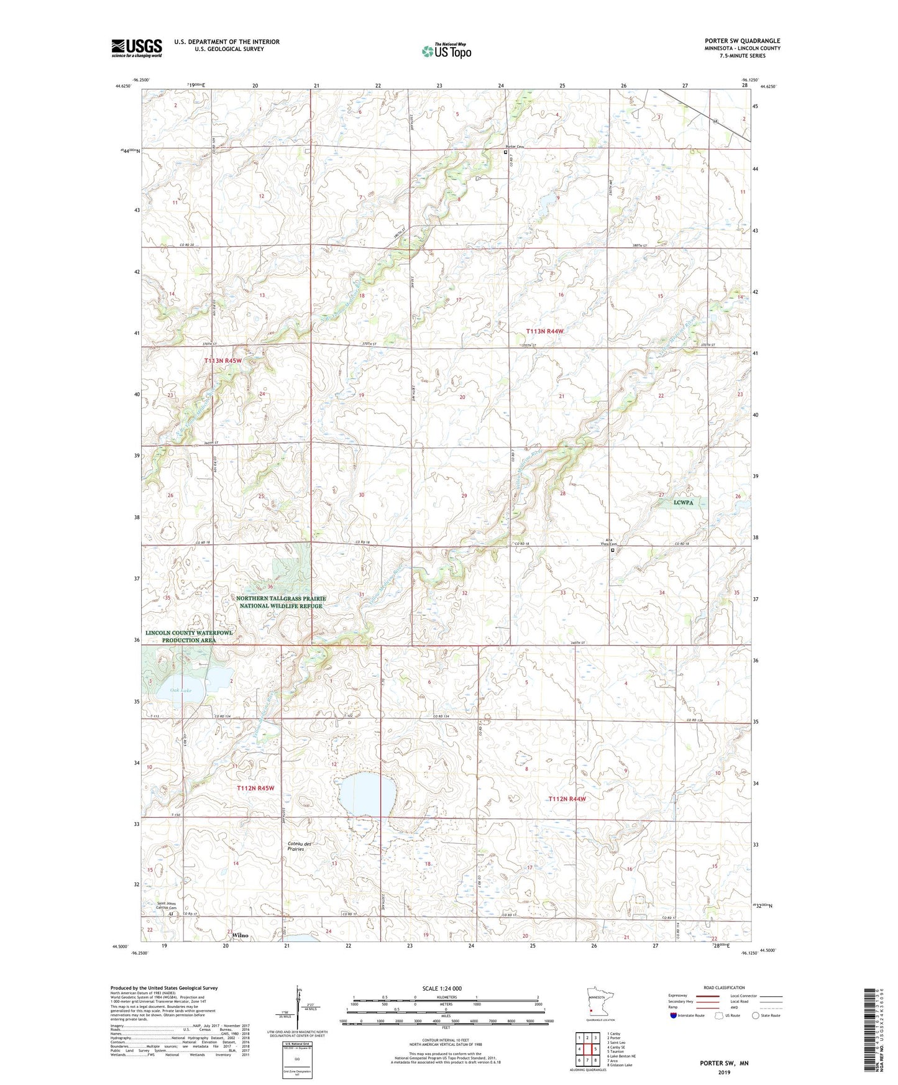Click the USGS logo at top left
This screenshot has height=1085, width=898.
pyautogui.click(x=136, y=48)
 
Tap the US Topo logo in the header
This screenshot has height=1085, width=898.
pyautogui.click(x=446, y=51)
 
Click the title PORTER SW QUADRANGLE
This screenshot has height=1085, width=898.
pyautogui.click(x=742, y=41)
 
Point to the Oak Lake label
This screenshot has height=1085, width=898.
pyautogui.click(x=181, y=690)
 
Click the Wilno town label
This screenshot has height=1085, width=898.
pyautogui.click(x=240, y=935)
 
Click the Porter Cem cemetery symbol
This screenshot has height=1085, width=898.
pyautogui.click(x=506, y=152)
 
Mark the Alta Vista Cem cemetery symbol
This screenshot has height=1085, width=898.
pyautogui.click(x=612, y=550)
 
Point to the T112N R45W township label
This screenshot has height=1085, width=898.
pyautogui.click(x=255, y=788)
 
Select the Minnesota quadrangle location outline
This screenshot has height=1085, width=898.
pyautogui.click(x=598, y=1004)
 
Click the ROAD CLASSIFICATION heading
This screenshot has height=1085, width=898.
pyautogui.click(x=724, y=987)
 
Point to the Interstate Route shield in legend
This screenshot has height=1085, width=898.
pyautogui.click(x=674, y=1016)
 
